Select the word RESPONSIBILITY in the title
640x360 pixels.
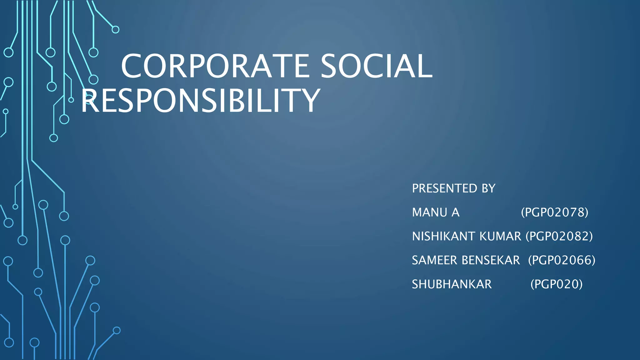click(201, 100)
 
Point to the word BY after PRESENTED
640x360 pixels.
click(488, 188)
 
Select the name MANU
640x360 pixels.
click(430, 212)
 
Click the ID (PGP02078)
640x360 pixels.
click(555, 212)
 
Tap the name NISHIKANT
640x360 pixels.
click(444, 237)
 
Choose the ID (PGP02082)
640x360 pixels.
click(559, 237)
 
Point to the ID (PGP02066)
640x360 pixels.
click(562, 260)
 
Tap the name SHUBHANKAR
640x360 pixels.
click(452, 284)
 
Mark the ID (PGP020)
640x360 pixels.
click(557, 284)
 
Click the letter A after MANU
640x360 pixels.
click(455, 212)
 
